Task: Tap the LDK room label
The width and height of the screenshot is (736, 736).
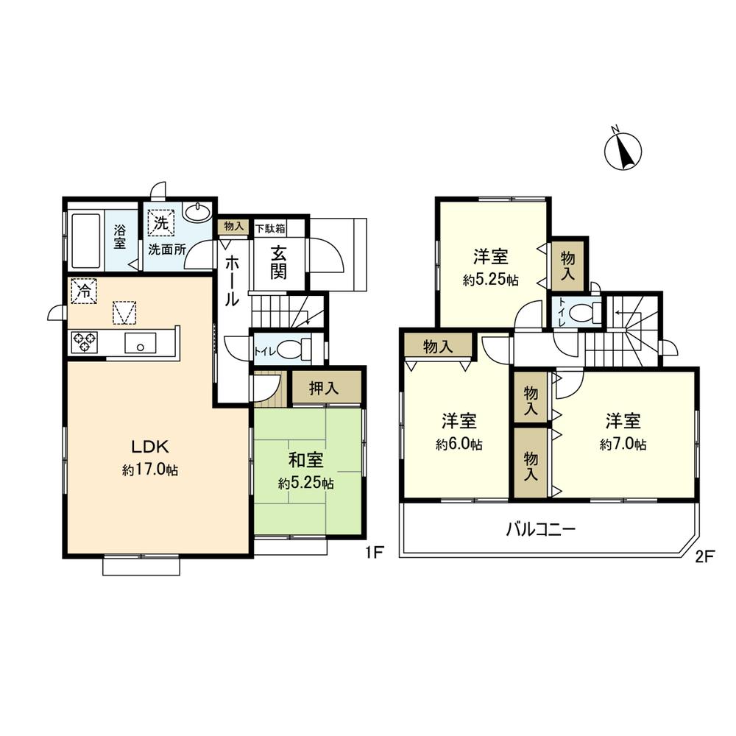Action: pos(151,446)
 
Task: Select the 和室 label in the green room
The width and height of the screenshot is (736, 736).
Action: pos(306,461)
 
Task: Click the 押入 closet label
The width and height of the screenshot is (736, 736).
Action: pos(324,389)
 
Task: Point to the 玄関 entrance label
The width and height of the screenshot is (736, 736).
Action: pos(278,262)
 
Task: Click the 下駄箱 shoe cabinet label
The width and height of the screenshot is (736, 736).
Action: pos(270,228)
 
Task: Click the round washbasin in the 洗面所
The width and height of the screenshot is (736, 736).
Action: pos(197,213)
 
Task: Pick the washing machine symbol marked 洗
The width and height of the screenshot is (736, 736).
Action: pos(160,219)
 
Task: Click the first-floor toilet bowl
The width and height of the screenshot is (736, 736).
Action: pos(291,349)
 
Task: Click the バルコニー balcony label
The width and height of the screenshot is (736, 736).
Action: pos(540,528)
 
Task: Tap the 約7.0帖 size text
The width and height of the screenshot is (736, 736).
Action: pos(623,445)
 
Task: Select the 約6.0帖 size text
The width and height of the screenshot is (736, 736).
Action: pos(459,445)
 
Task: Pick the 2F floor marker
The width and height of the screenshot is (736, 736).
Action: pos(704,556)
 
